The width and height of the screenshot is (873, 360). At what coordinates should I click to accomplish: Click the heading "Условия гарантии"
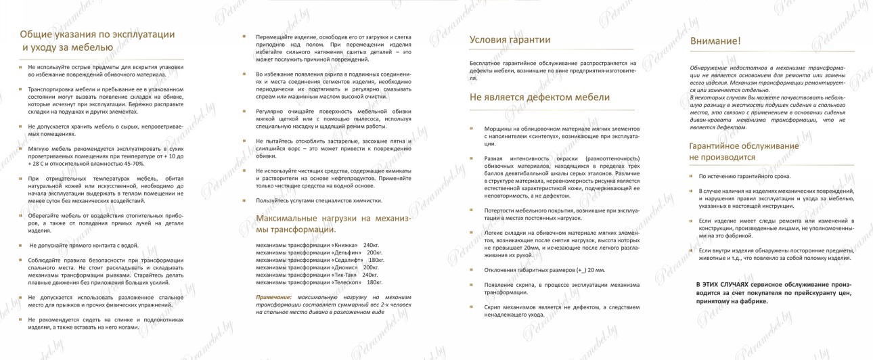point(510,40)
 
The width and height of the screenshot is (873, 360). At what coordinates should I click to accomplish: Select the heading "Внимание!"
point(715,41)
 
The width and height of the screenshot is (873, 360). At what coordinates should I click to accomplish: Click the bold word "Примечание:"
point(273,297)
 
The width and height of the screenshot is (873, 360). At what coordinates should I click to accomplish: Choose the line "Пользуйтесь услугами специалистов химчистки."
point(319,200)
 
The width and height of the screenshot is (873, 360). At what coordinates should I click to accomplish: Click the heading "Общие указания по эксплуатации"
point(97,34)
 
